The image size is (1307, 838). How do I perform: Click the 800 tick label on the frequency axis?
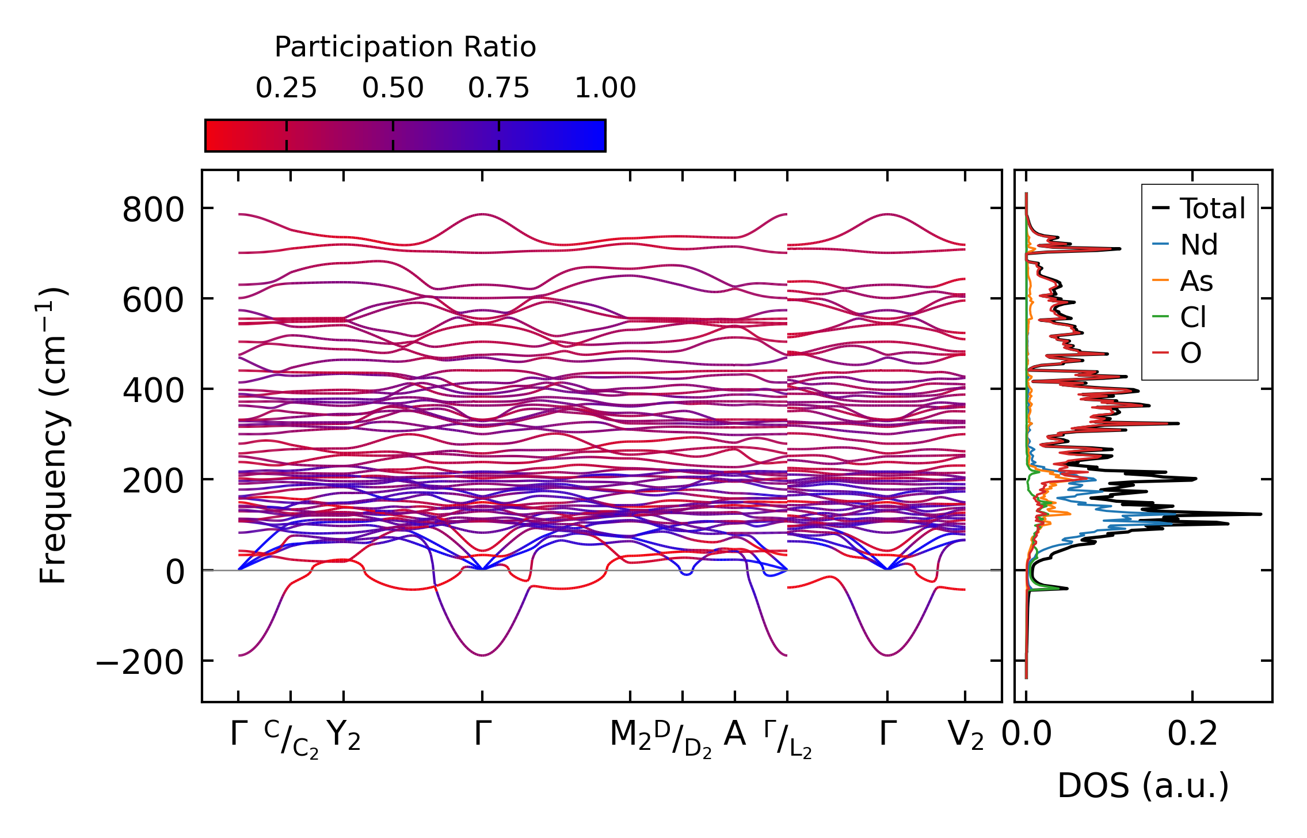[x=153, y=210]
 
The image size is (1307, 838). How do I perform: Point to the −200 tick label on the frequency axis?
[x=140, y=662]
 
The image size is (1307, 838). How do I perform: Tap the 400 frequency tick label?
[x=153, y=391]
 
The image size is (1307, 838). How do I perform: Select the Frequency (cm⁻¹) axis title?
[x=54, y=435]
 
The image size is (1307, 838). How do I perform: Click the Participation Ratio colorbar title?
[x=405, y=47]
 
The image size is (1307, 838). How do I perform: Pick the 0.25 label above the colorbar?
[x=286, y=88]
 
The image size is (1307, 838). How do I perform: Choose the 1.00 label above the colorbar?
[x=605, y=88]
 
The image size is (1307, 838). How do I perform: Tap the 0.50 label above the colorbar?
[x=393, y=88]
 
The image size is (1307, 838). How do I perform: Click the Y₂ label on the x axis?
[x=344, y=735]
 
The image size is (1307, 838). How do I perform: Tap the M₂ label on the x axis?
[x=630, y=735]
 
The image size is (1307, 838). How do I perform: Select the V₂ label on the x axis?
[x=965, y=735]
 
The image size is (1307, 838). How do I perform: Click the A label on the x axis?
[x=734, y=734]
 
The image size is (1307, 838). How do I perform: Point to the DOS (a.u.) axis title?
[x=1143, y=786]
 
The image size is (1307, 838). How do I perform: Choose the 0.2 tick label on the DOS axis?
[x=1192, y=735]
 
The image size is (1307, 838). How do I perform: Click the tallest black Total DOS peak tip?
[x=1260, y=514]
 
